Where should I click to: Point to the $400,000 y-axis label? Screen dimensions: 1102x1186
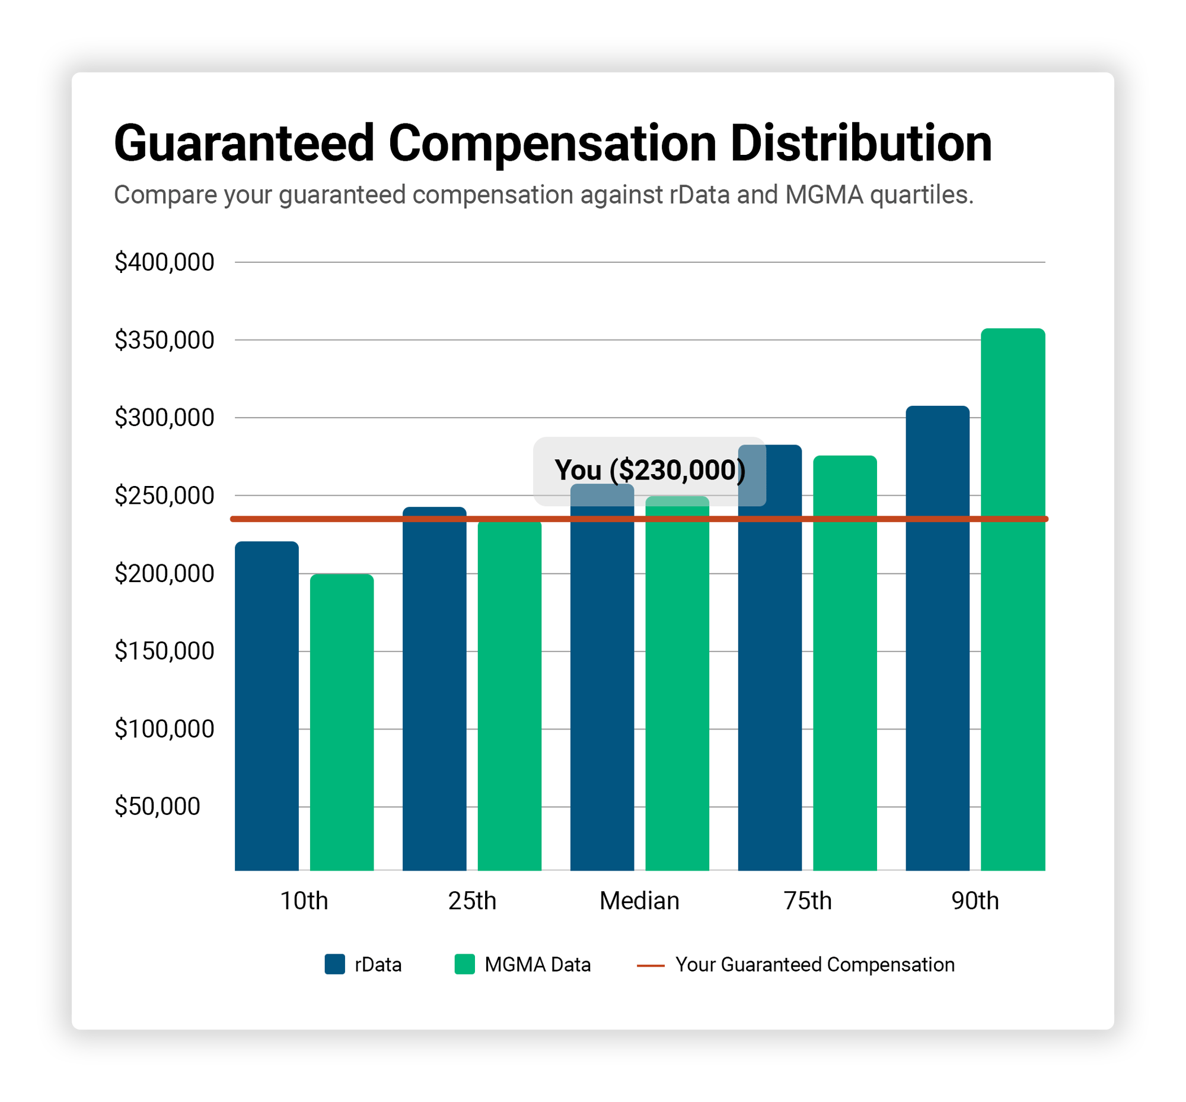pos(164,262)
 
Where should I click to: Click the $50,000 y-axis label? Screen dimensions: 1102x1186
pos(157,806)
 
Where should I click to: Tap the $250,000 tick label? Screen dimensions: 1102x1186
pos(164,496)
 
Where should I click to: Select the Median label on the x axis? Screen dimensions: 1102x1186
pos(639,900)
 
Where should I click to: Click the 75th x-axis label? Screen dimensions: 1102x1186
pos(807,900)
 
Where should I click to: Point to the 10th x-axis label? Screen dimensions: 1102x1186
pos(304,900)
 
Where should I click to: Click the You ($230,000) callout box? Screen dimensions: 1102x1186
pos(649,471)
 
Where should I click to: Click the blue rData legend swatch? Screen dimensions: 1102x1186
pos(334,964)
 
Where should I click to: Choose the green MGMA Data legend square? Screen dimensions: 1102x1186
pos(464,964)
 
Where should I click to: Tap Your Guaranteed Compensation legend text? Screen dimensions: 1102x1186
pos(814,964)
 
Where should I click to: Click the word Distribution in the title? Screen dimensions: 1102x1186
pos(860,144)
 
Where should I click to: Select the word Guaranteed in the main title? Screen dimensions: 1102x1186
pos(244,144)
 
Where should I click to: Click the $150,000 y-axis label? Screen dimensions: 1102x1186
pos(164,651)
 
